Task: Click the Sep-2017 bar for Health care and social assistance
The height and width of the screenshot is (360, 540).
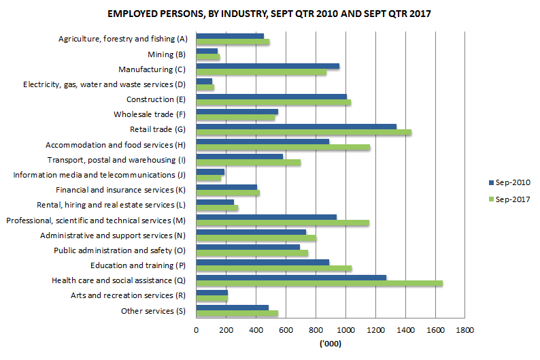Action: tap(319, 283)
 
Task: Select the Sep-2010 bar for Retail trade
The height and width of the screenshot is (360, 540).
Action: tap(296, 127)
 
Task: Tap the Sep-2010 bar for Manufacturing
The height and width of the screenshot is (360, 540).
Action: tap(267, 66)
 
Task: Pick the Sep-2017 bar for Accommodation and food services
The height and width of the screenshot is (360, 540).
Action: tap(283, 147)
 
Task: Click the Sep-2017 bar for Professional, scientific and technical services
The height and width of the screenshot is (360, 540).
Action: tap(282, 223)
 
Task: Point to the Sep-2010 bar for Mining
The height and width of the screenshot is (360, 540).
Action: tap(207, 51)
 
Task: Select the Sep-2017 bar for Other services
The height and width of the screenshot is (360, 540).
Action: tap(237, 313)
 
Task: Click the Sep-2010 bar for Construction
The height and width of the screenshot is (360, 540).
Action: tap(271, 97)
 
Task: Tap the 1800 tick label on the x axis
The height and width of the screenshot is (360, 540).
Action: tap(465, 330)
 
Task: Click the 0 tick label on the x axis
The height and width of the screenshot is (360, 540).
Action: tap(196, 330)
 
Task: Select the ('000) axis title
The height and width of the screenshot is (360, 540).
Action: tap(330, 344)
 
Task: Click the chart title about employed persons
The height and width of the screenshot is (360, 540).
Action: tap(269, 14)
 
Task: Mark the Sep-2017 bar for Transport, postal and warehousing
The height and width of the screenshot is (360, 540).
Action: tap(248, 163)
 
